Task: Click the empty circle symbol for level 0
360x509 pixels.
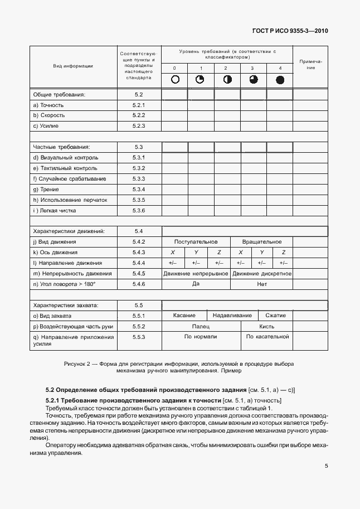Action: pyautogui.click(x=175, y=80)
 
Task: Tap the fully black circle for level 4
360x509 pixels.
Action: pyautogui.click(x=280, y=80)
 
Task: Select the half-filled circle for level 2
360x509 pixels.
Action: pyautogui.click(x=227, y=80)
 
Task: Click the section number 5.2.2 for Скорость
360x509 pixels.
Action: pyautogui.click(x=139, y=115)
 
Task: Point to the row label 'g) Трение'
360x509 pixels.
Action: pyautogui.click(x=46, y=189)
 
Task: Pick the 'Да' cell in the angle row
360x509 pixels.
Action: pyautogui.click(x=196, y=284)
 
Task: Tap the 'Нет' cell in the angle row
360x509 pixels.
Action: pyautogui.click(x=262, y=284)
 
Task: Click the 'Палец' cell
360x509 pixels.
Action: pyautogui.click(x=201, y=326)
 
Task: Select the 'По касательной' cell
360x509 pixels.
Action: pyautogui.click(x=267, y=337)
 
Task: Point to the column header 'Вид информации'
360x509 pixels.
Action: pyautogui.click(x=73, y=66)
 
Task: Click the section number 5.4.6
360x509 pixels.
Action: pyautogui.click(x=139, y=284)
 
